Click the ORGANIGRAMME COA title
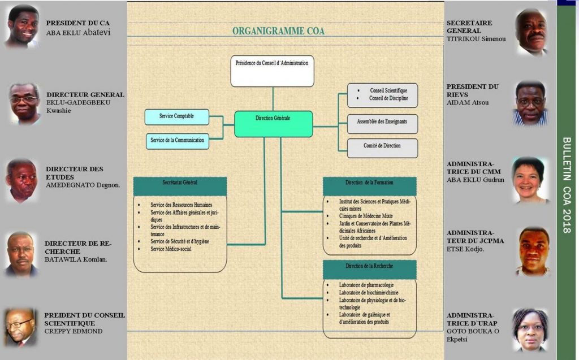click(278, 31)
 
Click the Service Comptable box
click(176, 116)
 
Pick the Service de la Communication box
click(176, 140)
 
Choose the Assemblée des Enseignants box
click(382, 122)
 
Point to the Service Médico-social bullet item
click(170, 249)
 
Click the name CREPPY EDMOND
click(74, 331)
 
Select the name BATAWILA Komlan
click(76, 259)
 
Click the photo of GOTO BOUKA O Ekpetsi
click(530, 329)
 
